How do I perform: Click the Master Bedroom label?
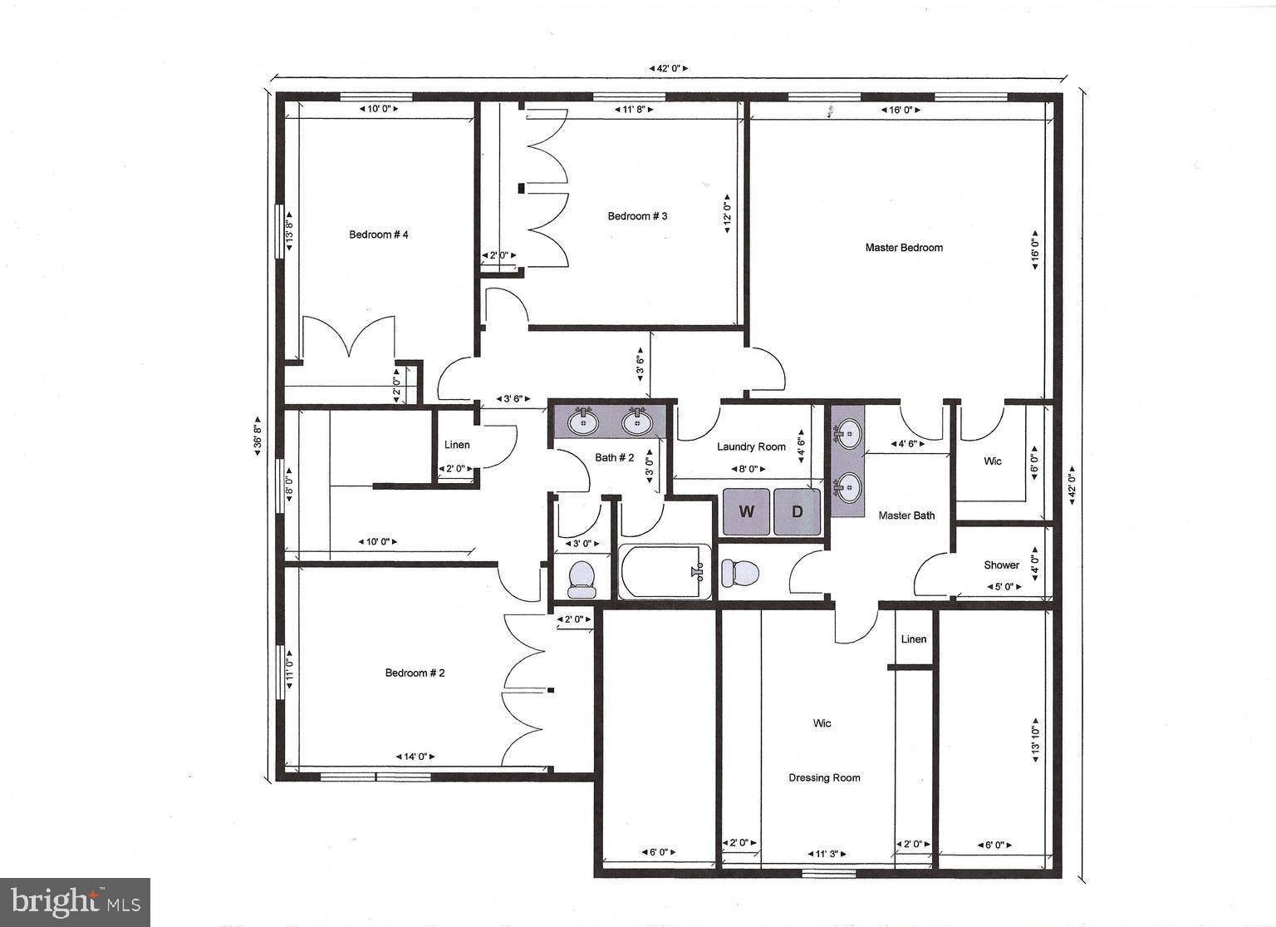pyautogui.click(x=904, y=248)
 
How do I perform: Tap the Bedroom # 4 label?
pyautogui.click(x=378, y=234)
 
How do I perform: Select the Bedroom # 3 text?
pyautogui.click(x=637, y=216)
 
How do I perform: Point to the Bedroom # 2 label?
pyautogui.click(x=415, y=673)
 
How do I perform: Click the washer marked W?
pyautogui.click(x=746, y=511)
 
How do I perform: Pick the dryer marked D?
pyautogui.click(x=797, y=511)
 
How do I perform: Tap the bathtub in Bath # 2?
pyautogui.click(x=665, y=572)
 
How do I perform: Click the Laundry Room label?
pyautogui.click(x=751, y=447)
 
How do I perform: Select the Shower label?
pyautogui.click(x=1001, y=565)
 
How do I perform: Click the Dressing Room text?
pyautogui.click(x=824, y=778)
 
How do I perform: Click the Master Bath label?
pyautogui.click(x=906, y=515)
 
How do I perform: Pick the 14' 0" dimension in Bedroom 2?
pyautogui.click(x=415, y=757)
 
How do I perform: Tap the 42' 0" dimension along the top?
pyautogui.click(x=667, y=69)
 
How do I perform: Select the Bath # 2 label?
pyautogui.click(x=614, y=458)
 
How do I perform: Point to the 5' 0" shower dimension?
pyautogui.click(x=1004, y=587)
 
